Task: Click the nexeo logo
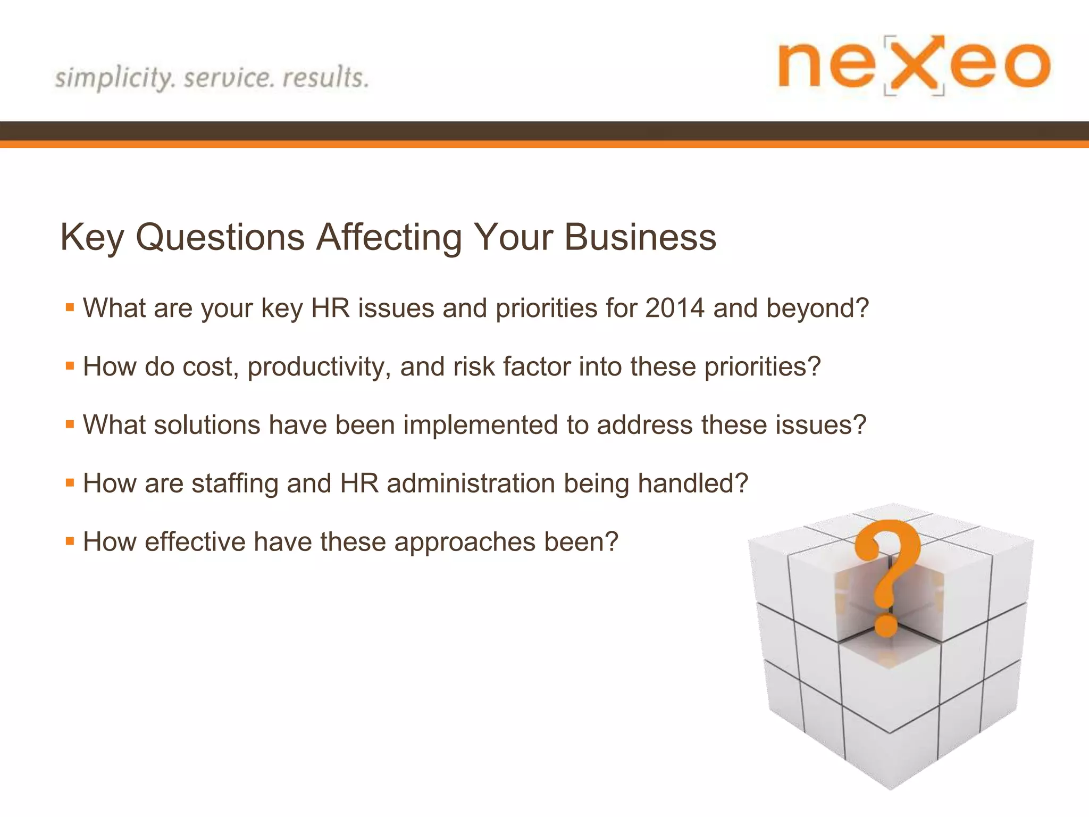pos(914,65)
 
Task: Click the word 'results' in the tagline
pos(325,77)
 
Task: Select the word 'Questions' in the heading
pos(220,237)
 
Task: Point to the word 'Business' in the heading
pos(640,237)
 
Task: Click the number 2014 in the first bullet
pos(675,308)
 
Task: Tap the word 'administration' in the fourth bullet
pos(471,483)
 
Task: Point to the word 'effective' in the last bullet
pos(194,542)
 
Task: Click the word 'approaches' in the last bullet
pos(465,542)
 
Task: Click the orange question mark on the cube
pos(888,564)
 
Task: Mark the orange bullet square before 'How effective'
pos(70,541)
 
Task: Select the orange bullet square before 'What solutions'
pos(70,424)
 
